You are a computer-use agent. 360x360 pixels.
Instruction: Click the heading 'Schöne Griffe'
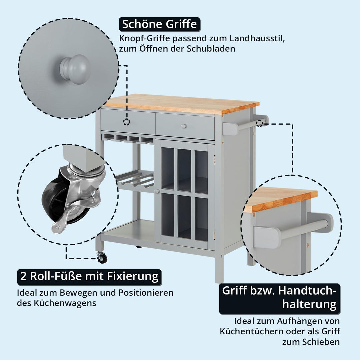coord(159,24)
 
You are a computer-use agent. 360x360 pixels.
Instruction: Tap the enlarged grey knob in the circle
coord(75,69)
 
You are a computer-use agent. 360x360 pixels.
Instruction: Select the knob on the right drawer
coord(183,126)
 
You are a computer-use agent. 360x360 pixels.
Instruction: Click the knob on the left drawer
coord(126,122)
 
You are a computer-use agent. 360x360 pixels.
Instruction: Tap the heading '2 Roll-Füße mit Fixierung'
coord(89,276)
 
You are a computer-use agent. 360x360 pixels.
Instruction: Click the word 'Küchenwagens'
coord(65,303)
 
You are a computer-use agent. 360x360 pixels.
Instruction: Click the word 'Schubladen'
coord(211,49)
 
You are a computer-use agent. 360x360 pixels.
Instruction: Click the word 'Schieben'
coord(321,342)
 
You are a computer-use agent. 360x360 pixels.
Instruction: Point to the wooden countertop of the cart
coord(181,104)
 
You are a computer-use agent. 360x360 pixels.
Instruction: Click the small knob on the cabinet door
coord(157,191)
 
